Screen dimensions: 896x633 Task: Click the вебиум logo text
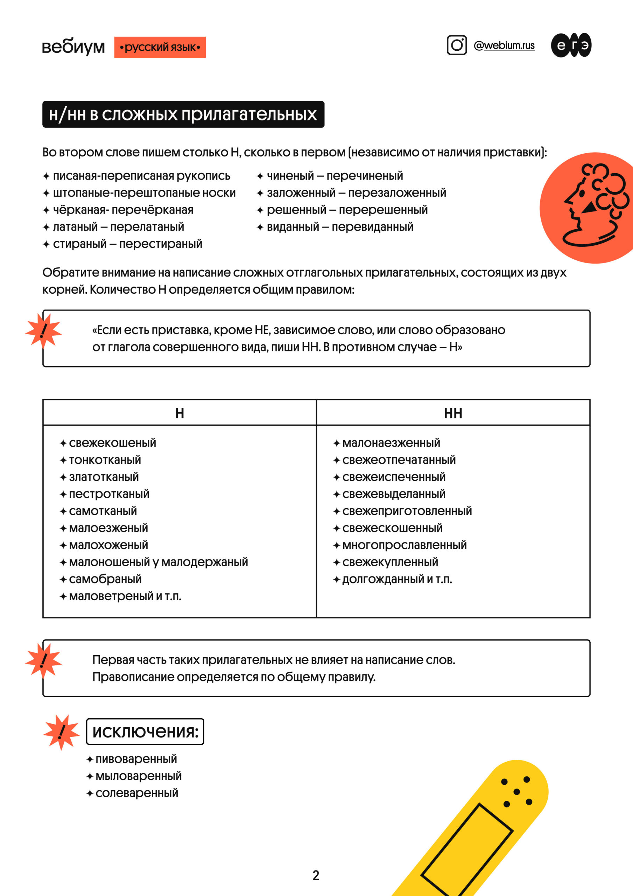pos(73,47)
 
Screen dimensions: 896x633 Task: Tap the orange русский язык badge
pos(160,47)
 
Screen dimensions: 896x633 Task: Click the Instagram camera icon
pos(457,45)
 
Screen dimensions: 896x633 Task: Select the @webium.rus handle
pos(504,45)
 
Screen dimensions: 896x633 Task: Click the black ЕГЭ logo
pos(571,45)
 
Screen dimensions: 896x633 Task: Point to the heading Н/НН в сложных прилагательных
pos(183,114)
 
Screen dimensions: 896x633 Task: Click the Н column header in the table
pos(180,413)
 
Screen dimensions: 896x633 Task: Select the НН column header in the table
pos(453,413)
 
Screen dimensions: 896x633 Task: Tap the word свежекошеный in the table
pos(112,443)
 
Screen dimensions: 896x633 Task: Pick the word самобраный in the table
pos(105,579)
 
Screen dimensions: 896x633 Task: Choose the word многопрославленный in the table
pos(404,545)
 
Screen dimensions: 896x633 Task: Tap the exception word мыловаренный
pos(139,776)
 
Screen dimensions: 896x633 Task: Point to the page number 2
pos(316,875)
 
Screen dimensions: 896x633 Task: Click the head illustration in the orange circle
pos(593,207)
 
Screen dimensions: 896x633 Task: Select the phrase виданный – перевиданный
pos(340,227)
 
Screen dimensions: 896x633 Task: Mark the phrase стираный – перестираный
pos(128,244)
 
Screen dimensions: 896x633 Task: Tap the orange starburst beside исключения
pos(61,732)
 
